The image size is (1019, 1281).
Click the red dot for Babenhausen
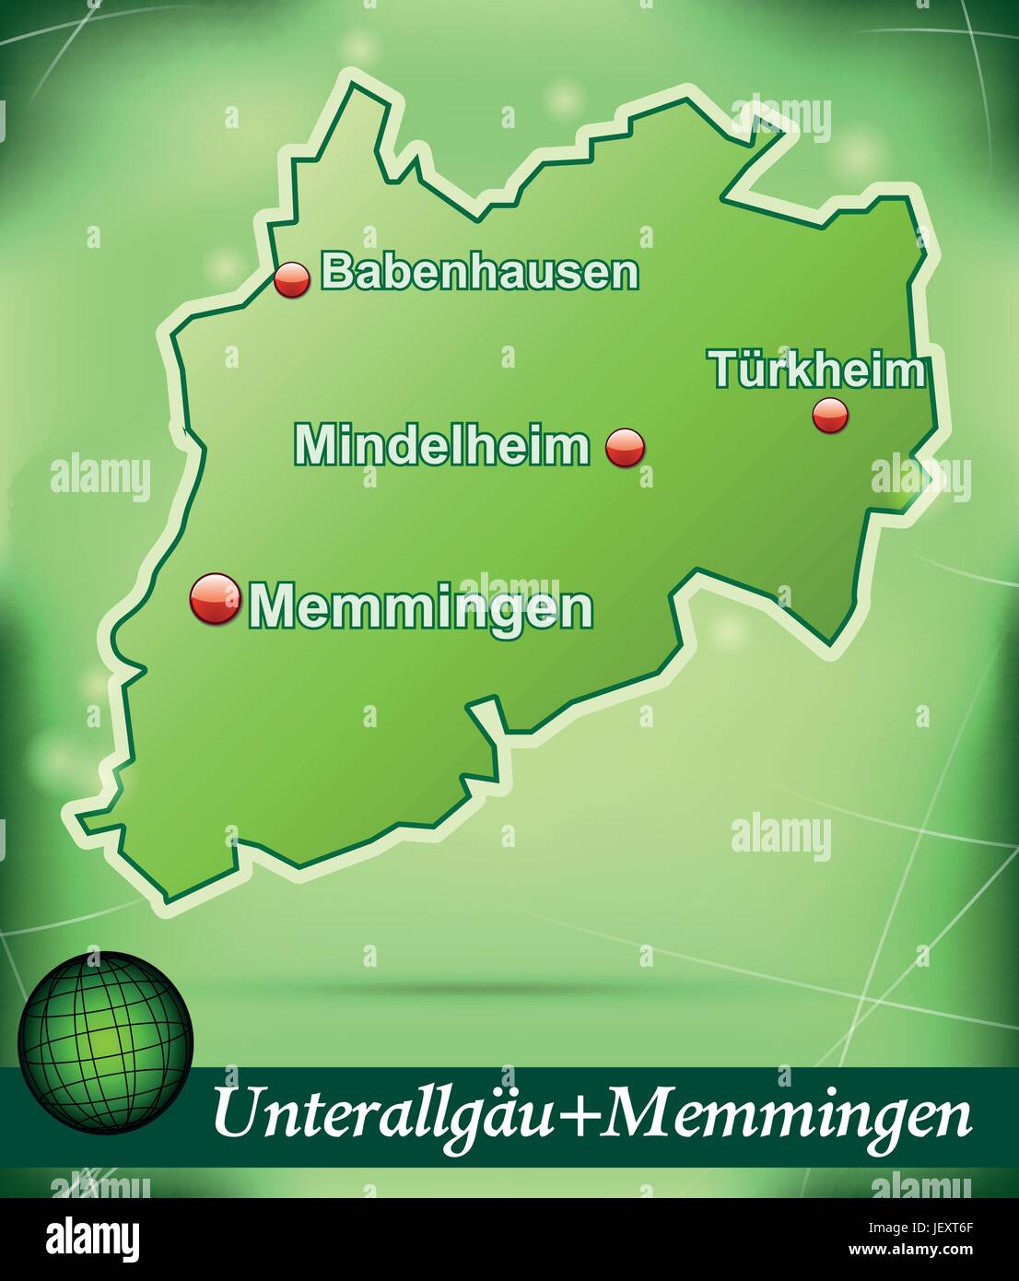click(293, 279)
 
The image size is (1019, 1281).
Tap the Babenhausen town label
click(479, 272)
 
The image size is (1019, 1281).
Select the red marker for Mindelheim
click(626, 448)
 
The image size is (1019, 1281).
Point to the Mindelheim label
click(442, 445)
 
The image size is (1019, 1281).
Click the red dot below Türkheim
click(830, 416)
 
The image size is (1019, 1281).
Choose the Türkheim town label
click(816, 370)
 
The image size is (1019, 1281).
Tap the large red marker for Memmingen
click(215, 599)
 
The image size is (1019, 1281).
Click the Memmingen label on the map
click(421, 606)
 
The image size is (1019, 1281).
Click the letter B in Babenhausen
click(334, 272)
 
